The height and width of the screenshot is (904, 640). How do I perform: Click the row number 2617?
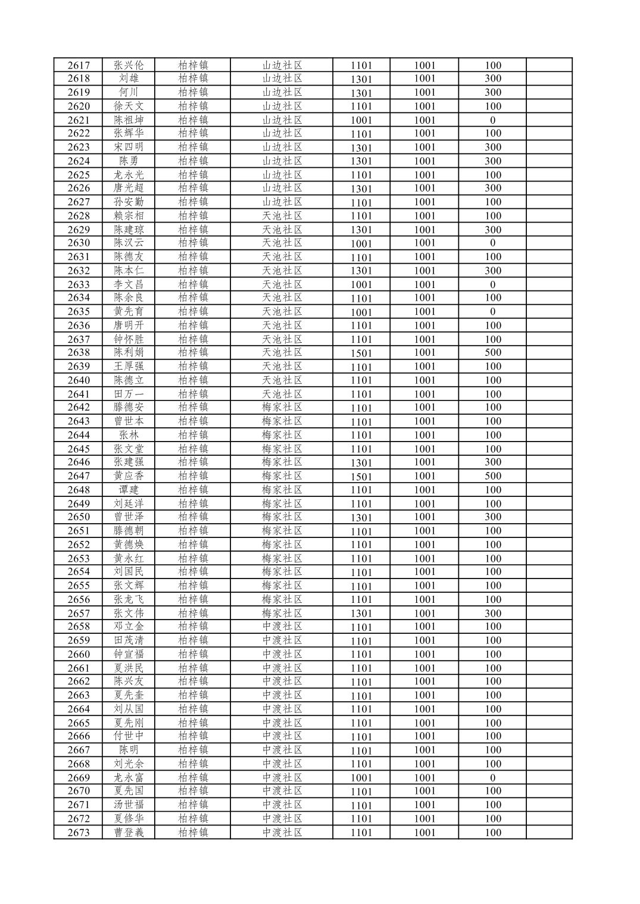78,65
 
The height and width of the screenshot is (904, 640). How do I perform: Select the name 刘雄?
129,79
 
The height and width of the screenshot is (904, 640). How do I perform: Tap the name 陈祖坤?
129,120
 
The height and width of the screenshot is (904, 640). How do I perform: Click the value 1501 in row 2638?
361,353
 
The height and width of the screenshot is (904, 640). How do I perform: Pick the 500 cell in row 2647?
492,476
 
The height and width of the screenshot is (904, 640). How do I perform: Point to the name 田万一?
129,394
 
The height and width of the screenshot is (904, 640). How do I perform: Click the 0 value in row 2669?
492,778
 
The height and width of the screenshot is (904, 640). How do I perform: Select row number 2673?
78,833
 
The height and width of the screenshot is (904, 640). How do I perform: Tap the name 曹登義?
129,833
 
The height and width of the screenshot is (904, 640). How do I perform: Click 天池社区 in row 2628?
282,216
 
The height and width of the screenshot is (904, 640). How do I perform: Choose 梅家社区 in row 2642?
282,408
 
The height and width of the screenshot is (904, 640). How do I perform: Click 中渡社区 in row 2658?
282,627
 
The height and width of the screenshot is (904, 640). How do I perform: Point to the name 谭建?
129,490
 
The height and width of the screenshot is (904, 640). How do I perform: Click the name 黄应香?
129,476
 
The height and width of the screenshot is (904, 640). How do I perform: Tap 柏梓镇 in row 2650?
193,517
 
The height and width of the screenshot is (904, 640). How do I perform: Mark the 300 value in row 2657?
492,613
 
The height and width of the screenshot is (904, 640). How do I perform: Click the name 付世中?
129,736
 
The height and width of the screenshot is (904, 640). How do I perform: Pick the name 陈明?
129,750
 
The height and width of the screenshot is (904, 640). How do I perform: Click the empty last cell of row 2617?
548,65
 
